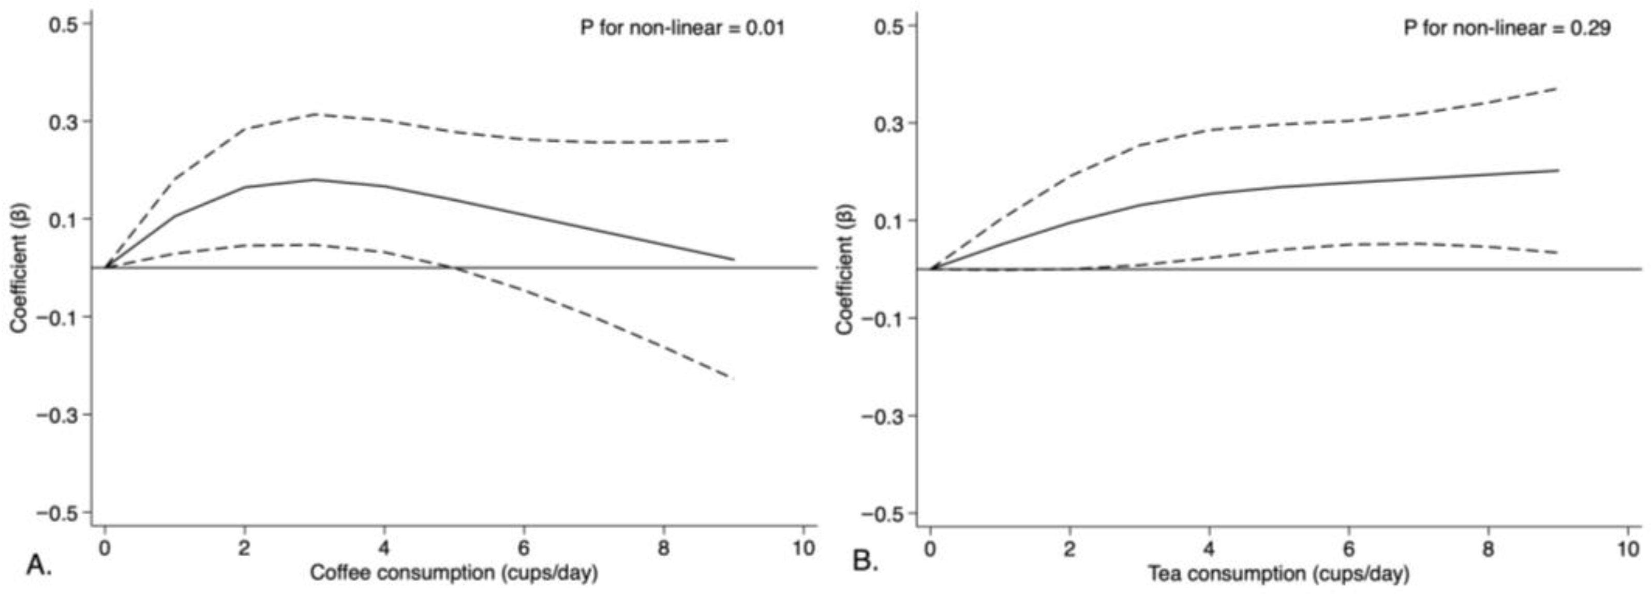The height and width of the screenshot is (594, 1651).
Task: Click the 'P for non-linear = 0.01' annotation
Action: point(682,27)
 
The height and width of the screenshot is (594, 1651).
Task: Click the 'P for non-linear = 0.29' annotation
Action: point(1507,27)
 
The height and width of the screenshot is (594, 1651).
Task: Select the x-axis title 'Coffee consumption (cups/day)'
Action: point(454,572)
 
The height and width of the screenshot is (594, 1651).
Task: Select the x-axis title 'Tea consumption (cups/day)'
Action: point(1278,573)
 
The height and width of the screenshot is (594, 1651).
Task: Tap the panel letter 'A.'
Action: point(38,565)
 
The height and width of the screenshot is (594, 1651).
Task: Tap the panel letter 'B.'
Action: point(865,562)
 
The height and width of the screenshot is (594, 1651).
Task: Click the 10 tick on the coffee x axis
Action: point(803,548)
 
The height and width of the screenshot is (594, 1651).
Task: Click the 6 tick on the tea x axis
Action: point(1348,549)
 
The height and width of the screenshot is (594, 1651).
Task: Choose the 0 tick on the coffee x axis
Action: point(105,548)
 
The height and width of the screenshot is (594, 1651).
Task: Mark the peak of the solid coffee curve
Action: point(315,180)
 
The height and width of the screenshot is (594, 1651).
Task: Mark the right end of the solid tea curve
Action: point(1557,170)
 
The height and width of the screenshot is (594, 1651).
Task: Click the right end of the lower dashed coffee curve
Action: point(733,378)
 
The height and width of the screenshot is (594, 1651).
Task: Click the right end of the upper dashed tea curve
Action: point(1557,88)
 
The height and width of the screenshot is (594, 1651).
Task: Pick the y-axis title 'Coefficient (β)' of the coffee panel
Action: point(19,268)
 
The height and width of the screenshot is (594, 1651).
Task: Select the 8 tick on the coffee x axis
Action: point(663,548)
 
